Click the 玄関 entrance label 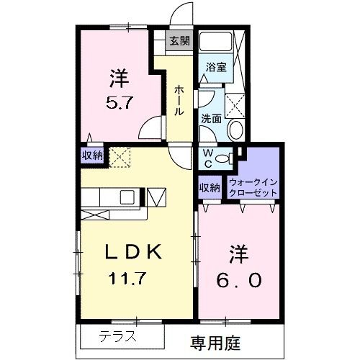click(x=179, y=41)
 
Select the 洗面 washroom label click(x=211, y=118)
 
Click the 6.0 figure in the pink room click(x=238, y=279)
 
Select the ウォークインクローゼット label click(x=253, y=189)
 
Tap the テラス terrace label click(x=116, y=336)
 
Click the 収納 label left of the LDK click(x=91, y=155)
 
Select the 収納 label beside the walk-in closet click(x=210, y=188)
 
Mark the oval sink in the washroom click(x=235, y=130)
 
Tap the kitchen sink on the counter click(x=127, y=197)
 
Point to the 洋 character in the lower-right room click(x=238, y=254)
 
